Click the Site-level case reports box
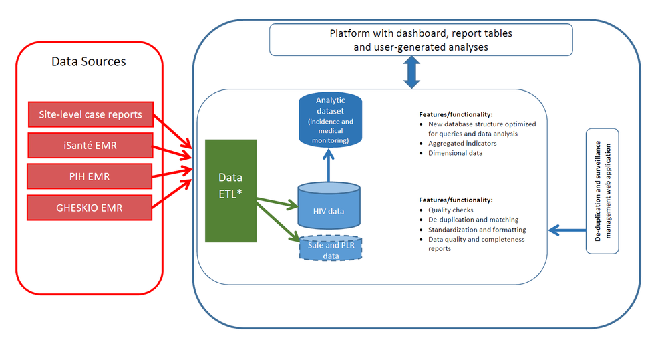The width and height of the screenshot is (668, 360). point(90,114)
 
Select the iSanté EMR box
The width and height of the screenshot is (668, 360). point(90,144)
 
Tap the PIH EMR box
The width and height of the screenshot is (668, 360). point(90,176)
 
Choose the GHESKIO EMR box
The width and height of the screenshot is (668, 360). point(90,208)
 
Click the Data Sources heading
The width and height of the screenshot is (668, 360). point(89,61)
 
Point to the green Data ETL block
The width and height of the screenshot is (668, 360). point(230,190)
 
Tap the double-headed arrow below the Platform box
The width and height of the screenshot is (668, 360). point(411,72)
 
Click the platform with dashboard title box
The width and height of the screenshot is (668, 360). point(420,39)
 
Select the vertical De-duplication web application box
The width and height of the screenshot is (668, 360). point(602,191)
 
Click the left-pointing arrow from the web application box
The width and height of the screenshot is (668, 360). point(566,230)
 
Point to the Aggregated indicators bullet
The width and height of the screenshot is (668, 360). point(462,143)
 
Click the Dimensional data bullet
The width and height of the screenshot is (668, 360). point(455,153)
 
